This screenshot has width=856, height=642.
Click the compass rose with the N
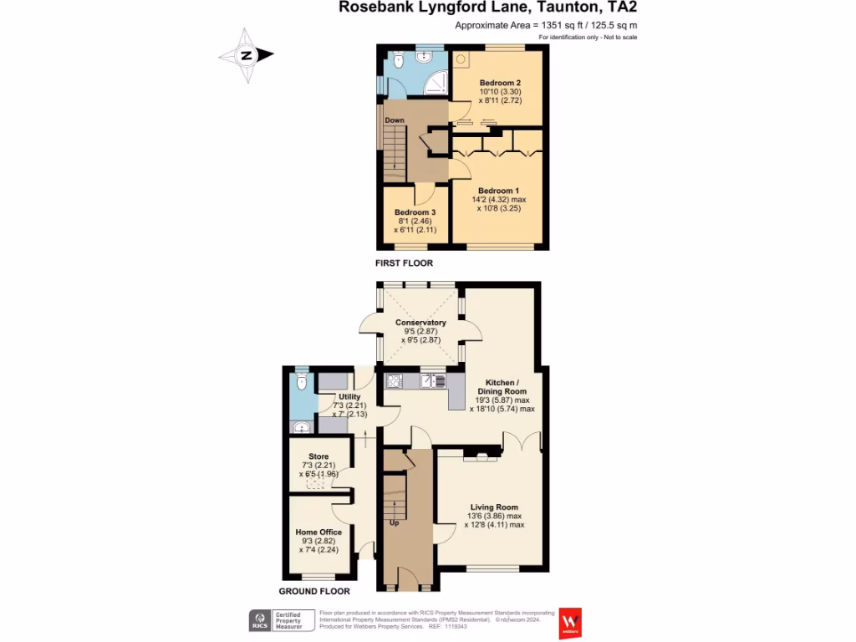point(247,56)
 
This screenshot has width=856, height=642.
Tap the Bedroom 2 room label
point(500,83)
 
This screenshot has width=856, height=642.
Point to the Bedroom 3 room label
point(415,212)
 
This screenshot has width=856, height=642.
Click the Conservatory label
point(420,323)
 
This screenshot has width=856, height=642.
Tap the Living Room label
point(494,507)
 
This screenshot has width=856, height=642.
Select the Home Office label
point(318,532)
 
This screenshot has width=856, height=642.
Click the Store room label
point(318,457)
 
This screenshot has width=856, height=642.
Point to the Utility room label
point(349,397)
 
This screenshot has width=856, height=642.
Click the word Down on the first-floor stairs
point(395,120)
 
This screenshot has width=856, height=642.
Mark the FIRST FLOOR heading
point(403,263)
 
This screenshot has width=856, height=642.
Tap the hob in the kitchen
point(395,381)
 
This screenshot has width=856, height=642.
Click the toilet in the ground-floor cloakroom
point(302,382)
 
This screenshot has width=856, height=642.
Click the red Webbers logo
point(570,621)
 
